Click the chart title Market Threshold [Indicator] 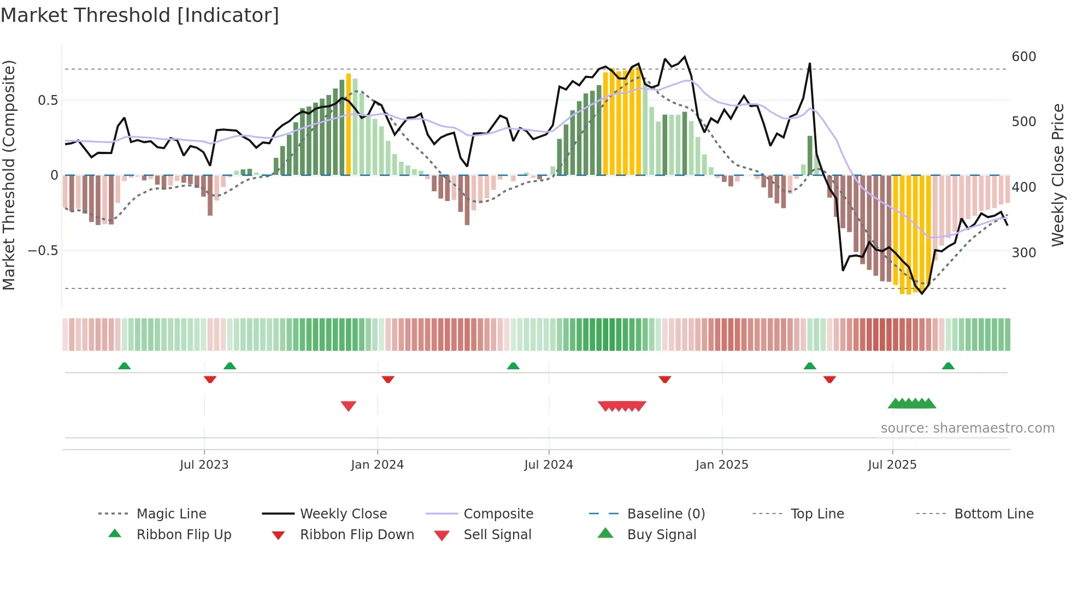click(140, 15)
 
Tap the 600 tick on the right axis click(1023, 57)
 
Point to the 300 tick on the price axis click(1023, 253)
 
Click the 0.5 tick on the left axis click(48, 101)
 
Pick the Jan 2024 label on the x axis click(377, 465)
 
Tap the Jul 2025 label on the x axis click(892, 465)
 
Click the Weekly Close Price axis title click(1058, 175)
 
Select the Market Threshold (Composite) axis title click(9, 175)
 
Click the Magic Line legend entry click(171, 514)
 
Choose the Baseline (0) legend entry click(666, 514)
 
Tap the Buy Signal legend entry click(661, 535)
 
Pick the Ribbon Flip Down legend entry click(356, 535)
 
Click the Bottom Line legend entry click(993, 514)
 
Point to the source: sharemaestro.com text click(967, 428)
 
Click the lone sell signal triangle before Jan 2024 click(349, 405)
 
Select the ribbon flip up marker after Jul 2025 click(948, 366)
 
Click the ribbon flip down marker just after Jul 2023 click(210, 379)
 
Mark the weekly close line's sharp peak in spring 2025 click(810, 64)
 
